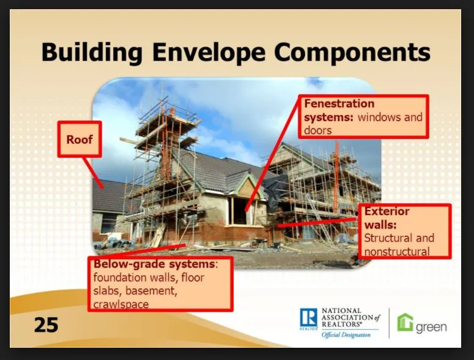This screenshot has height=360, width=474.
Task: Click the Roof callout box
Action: point(80,140)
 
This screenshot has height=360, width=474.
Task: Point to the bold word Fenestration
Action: point(339,103)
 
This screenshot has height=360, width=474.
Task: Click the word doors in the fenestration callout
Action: point(318,130)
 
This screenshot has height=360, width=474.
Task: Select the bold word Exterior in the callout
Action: point(387,212)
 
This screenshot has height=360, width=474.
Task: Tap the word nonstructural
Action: point(396,251)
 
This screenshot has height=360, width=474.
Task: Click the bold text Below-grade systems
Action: point(154,264)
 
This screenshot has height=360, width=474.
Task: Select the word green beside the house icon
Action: point(431,326)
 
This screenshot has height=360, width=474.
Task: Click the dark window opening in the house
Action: point(239,211)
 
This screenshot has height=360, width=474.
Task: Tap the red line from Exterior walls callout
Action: point(318,222)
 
